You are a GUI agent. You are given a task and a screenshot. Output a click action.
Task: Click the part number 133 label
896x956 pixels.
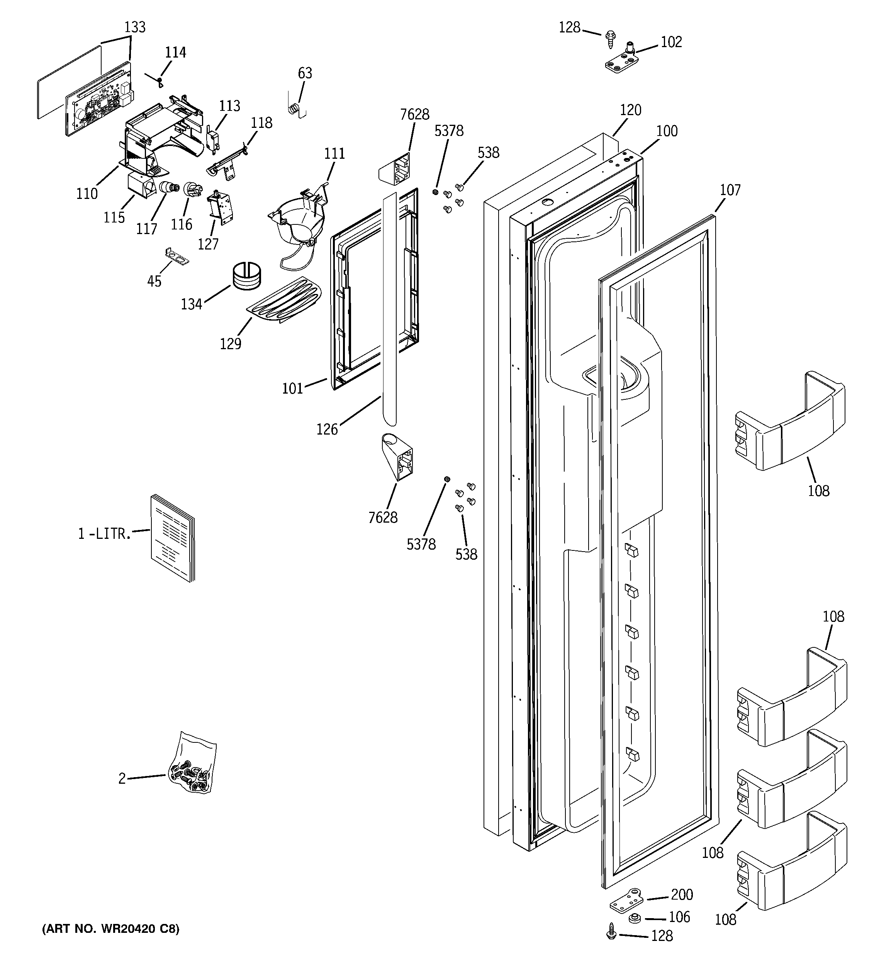[135, 27]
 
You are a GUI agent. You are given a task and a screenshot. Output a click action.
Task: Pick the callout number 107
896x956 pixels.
[730, 190]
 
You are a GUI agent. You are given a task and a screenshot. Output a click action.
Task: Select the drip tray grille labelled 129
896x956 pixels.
[284, 300]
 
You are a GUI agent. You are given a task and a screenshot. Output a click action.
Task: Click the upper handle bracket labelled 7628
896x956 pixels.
[396, 169]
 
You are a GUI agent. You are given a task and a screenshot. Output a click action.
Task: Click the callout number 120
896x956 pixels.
[630, 110]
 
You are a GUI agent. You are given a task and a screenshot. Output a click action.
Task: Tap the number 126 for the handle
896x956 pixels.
[327, 430]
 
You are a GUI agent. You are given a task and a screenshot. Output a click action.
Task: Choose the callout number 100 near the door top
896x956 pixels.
[667, 131]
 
